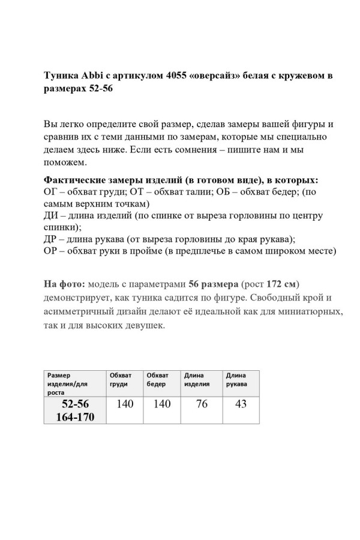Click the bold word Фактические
tap(78, 180)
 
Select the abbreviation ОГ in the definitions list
tap(52, 192)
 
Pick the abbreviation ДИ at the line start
tap(52, 215)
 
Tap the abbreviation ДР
tap(52, 239)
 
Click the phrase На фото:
tap(65, 283)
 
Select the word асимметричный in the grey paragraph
tap(80, 312)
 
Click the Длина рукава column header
tap(236, 380)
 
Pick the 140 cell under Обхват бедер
tap(162, 404)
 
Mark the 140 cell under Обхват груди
tap(125, 404)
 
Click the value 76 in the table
tap(202, 404)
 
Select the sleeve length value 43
tap(241, 404)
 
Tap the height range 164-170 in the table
tap(75, 417)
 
